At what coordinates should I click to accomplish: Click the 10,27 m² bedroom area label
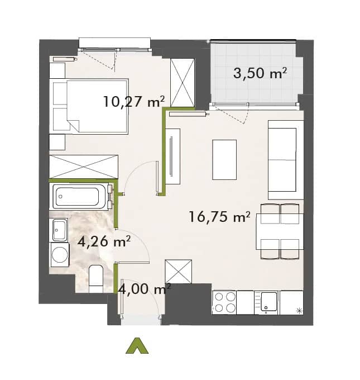click(x=134, y=101)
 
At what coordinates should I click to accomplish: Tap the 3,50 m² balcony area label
click(x=260, y=73)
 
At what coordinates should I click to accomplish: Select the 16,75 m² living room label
click(x=219, y=216)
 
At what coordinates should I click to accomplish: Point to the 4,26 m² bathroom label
click(x=104, y=241)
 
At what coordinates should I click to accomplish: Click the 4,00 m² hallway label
click(x=145, y=289)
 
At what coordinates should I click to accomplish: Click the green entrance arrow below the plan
click(x=137, y=345)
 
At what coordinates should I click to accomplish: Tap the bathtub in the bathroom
click(x=79, y=196)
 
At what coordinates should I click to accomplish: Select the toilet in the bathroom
click(x=95, y=278)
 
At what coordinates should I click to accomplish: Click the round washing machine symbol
click(x=60, y=255)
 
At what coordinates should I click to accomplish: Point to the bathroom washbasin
click(x=60, y=230)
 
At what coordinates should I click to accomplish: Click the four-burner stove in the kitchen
click(x=225, y=302)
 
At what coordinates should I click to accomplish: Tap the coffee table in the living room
click(x=224, y=160)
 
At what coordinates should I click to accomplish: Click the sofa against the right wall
click(x=286, y=160)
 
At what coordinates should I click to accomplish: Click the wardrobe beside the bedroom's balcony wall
click(x=183, y=83)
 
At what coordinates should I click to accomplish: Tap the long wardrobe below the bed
click(x=84, y=167)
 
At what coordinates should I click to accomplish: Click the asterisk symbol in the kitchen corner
click(x=300, y=311)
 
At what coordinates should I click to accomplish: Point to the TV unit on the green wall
click(x=173, y=156)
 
